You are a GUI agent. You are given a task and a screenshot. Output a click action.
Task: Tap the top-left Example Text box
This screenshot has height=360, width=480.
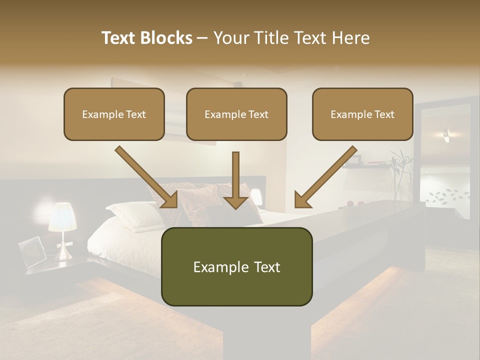pyautogui.click(x=114, y=114)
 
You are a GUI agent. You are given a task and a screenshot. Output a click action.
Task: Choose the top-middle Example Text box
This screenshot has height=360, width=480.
pyautogui.click(x=236, y=114)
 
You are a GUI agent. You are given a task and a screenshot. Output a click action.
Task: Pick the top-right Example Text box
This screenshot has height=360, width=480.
pyautogui.click(x=362, y=114)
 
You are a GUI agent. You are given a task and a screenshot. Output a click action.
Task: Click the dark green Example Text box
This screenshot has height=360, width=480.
pyautogui.click(x=236, y=266)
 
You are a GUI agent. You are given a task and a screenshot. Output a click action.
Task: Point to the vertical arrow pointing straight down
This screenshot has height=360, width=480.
pyautogui.click(x=235, y=180)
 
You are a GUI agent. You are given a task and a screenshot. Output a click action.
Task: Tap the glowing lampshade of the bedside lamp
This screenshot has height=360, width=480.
pyautogui.click(x=62, y=217)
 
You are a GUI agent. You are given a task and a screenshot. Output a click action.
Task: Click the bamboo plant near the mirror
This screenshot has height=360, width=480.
pyautogui.click(x=400, y=172)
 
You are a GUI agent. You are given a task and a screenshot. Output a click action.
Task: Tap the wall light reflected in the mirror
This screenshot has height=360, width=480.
pyautogui.click(x=446, y=134)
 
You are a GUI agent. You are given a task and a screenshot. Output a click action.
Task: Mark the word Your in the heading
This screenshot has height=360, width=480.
pyautogui.click(x=230, y=38)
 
